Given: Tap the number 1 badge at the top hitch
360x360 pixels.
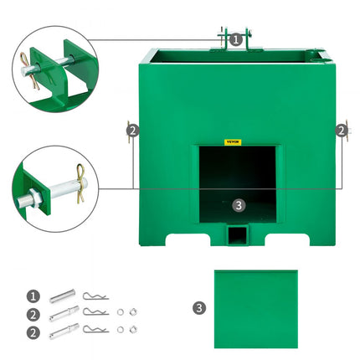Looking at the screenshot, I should (x=235, y=39).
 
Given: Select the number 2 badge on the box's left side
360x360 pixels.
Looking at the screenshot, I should (x=132, y=130).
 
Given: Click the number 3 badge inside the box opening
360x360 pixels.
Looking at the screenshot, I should (x=238, y=204).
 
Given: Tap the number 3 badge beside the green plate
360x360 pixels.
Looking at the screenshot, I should (x=198, y=307).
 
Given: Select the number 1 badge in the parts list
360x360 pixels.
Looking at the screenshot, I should (x=33, y=296).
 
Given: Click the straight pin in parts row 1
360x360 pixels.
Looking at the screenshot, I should (x=63, y=296).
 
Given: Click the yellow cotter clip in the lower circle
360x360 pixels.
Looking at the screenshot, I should (x=80, y=176).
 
